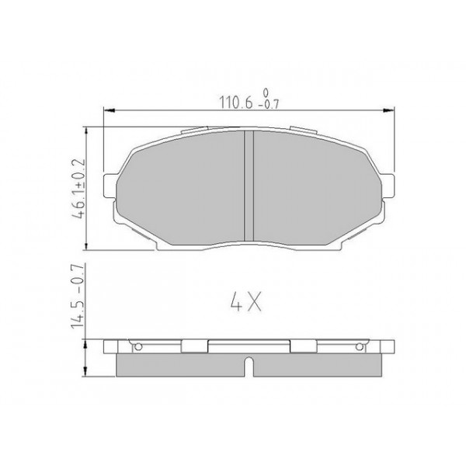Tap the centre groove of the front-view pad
[249, 186]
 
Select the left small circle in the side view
[139, 346]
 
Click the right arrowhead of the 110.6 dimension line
[388, 112]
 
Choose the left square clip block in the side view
[193, 347]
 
